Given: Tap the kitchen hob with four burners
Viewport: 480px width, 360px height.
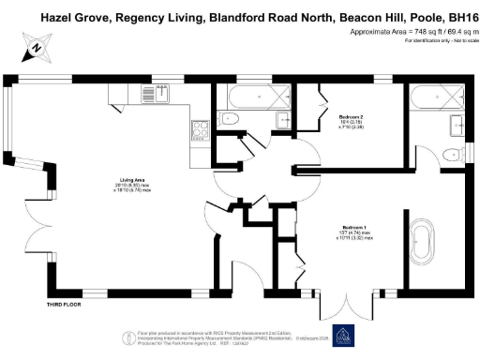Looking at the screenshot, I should pyautogui.click(x=199, y=130).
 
